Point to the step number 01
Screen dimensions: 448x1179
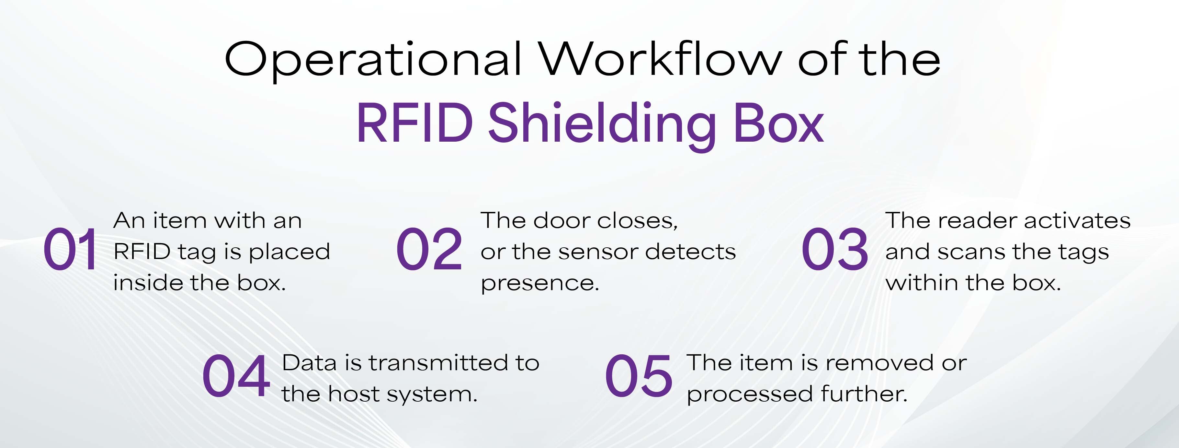point(70,250)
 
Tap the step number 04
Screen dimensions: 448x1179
point(236,376)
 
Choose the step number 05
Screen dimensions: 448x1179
point(639,376)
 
